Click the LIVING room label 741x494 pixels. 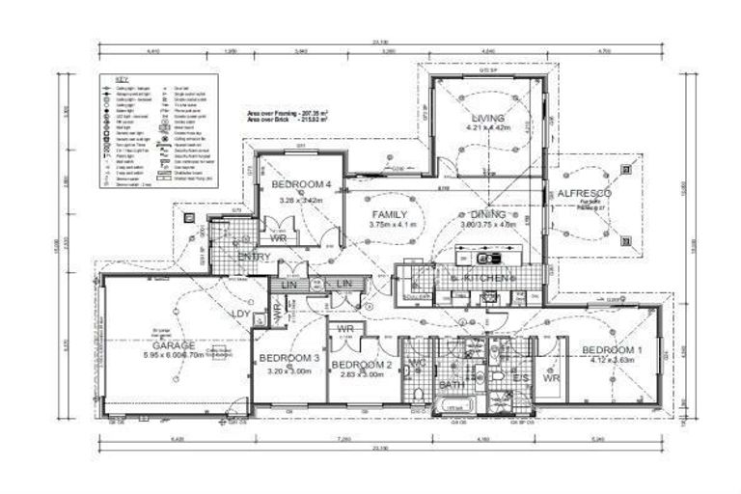click(x=488, y=117)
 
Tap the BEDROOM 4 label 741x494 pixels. click(x=301, y=184)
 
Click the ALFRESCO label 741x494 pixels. click(x=585, y=194)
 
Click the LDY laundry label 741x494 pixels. click(x=241, y=314)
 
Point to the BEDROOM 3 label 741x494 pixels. click(x=288, y=358)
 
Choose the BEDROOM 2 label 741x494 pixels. click(x=361, y=365)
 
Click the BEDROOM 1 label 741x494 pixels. click(x=612, y=348)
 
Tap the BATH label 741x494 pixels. click(x=452, y=385)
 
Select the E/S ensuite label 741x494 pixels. click(x=520, y=378)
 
